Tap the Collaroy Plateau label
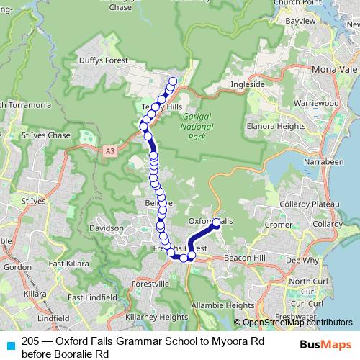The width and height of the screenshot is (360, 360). [x=315, y=205]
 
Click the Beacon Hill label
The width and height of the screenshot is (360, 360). [x=246, y=256]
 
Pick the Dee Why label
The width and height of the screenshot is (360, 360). [x=302, y=260]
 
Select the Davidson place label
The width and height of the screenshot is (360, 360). [x=107, y=228]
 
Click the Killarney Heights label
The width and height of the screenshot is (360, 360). [x=156, y=316]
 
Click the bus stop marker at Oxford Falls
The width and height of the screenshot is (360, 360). [x=216, y=223]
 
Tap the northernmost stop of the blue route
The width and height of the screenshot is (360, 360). [x=173, y=81]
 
